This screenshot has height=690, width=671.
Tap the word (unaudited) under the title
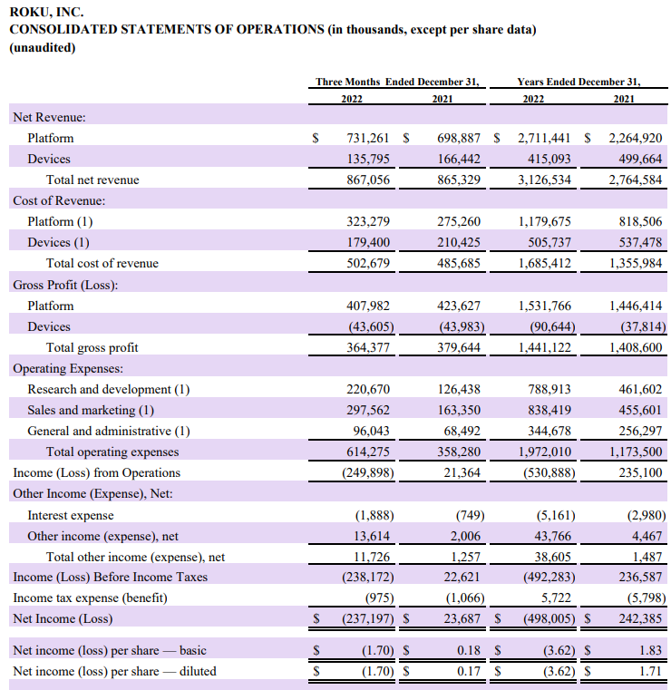(43, 47)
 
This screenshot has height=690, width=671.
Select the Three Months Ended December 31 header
(396, 82)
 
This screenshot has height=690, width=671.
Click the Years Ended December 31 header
(579, 82)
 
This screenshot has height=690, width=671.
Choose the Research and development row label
(108, 389)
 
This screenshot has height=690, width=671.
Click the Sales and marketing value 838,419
(549, 410)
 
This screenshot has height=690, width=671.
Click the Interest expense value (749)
(467, 514)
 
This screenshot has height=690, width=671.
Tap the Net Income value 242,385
(638, 618)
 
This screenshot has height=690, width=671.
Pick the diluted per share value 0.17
(469, 671)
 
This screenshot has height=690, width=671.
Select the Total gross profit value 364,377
(368, 347)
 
